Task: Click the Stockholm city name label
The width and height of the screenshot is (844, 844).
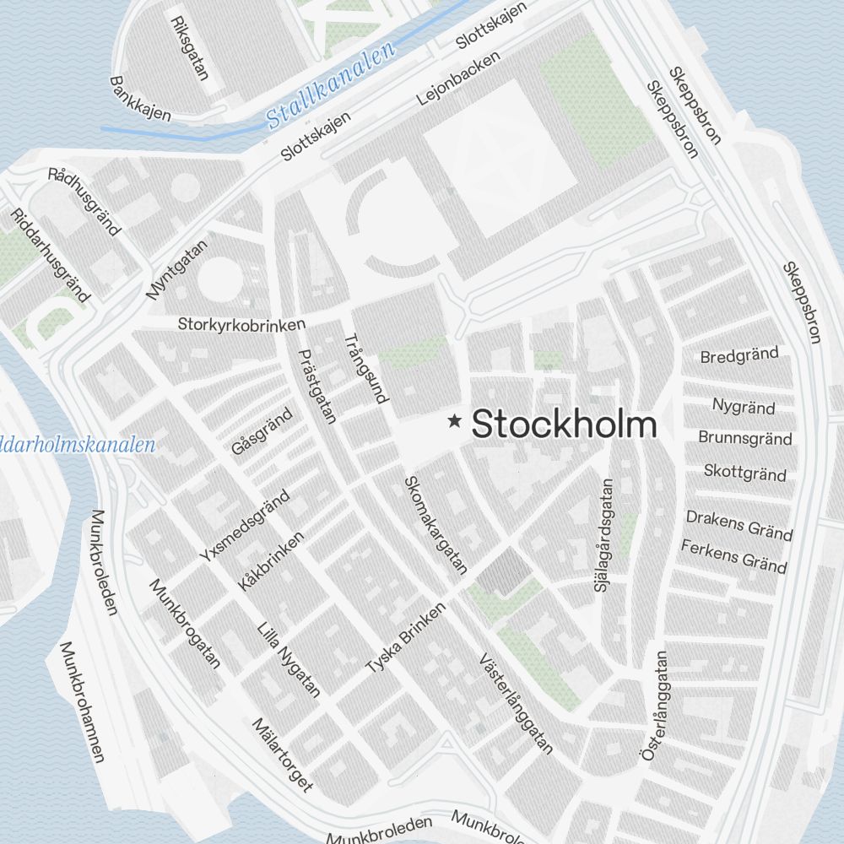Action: [x=564, y=424]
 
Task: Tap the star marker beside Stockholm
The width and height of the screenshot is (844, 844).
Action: [x=455, y=420]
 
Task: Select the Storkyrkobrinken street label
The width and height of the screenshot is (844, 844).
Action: [x=241, y=323]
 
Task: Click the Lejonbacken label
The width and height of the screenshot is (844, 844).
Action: [x=458, y=78]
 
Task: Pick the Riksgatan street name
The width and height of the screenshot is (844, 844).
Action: [x=189, y=47]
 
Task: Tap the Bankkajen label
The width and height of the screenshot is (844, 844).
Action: [x=140, y=99]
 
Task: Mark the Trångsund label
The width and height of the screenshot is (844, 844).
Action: [x=365, y=369]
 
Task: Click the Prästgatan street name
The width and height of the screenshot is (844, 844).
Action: [x=318, y=386]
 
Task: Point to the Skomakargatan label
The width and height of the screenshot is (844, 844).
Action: [x=435, y=525]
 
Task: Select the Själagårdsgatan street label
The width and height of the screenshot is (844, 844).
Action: [x=606, y=534]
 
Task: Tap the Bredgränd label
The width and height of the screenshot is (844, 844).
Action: [x=739, y=354]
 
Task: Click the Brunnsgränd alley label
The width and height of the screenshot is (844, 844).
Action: [x=745, y=438]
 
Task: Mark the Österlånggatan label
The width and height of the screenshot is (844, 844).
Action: [x=654, y=706]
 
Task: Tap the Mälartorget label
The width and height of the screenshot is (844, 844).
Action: [x=283, y=755]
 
